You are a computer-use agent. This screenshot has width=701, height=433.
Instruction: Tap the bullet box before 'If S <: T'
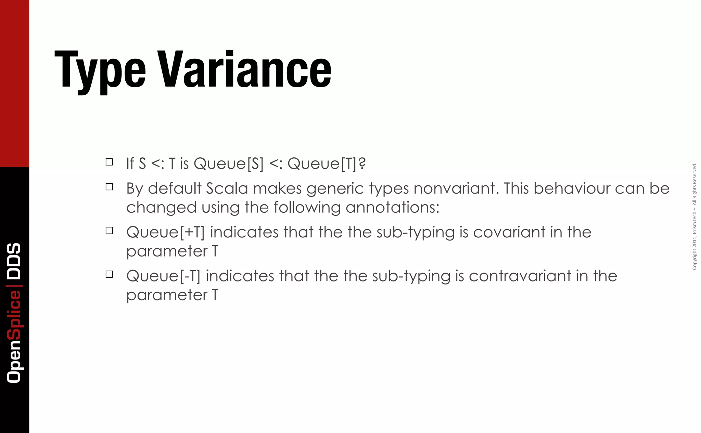(109, 162)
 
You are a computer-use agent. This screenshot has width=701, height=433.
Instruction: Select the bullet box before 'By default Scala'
(109, 187)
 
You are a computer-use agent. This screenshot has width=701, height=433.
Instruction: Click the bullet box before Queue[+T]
(109, 231)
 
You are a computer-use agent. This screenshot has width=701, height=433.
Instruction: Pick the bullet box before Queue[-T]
(109, 274)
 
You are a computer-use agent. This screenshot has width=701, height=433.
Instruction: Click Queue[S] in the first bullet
(229, 163)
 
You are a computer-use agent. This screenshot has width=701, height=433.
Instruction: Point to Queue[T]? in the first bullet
(326, 163)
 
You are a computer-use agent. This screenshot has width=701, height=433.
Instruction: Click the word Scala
(227, 188)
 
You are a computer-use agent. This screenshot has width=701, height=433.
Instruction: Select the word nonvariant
(454, 188)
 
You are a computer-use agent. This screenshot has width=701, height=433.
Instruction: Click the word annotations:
(392, 208)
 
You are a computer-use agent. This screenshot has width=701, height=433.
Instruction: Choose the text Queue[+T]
(165, 233)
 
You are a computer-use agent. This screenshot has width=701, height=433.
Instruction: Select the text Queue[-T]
(163, 276)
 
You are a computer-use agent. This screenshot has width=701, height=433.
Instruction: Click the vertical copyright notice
(694, 216)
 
